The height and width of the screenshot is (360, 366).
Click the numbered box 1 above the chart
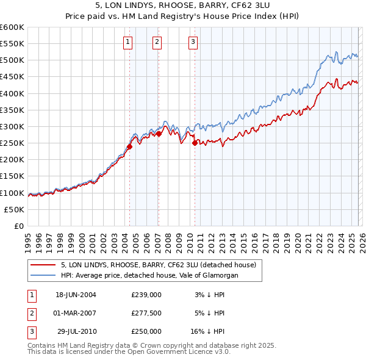click(127, 42)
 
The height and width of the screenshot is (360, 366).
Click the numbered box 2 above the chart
click(157, 42)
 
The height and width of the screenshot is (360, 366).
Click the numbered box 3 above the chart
click(193, 42)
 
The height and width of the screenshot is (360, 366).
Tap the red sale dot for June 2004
click(130, 146)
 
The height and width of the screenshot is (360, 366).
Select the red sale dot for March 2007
click(159, 134)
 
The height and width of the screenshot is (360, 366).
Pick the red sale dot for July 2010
click(195, 143)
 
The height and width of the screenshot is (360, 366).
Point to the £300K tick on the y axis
click(12, 126)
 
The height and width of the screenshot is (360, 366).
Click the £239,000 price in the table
click(146, 294)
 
